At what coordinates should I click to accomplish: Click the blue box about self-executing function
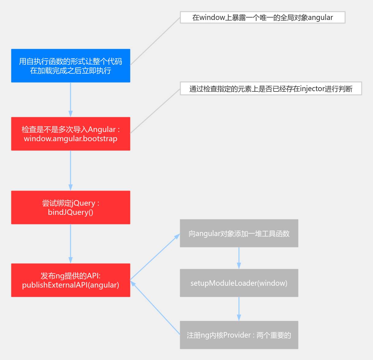[x=71, y=66]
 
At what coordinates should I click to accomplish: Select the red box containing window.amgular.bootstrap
[x=71, y=134]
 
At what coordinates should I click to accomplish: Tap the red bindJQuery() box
[x=71, y=207]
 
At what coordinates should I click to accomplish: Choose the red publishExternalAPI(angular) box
[x=71, y=280]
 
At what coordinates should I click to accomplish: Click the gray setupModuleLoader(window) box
[x=239, y=283]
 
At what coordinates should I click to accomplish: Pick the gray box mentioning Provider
[x=239, y=335]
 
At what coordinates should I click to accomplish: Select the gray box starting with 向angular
[x=239, y=233]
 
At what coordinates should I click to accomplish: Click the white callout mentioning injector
[x=271, y=88]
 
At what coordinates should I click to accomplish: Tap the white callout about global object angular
[x=263, y=17]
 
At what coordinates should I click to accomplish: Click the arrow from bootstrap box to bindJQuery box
[x=71, y=171]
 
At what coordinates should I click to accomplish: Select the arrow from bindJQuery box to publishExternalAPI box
[x=71, y=244]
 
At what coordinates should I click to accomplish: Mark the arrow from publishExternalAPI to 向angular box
[x=155, y=257]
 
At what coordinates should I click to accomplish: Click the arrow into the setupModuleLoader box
[x=239, y=258]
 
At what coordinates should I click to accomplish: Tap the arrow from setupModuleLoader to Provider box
[x=239, y=309]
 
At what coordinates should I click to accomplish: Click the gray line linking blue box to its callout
[x=155, y=41]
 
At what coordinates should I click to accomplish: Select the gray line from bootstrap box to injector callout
[x=155, y=111]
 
